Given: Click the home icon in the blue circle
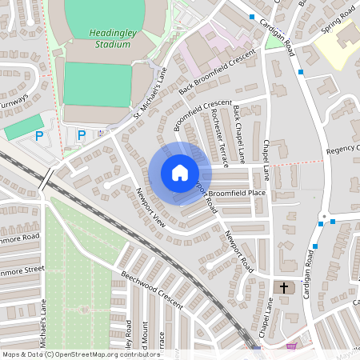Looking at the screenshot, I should [x=180, y=173].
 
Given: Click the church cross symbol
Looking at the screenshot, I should [x=284, y=286].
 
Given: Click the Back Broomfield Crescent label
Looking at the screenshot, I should [x=216, y=73].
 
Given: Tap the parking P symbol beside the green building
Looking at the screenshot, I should [x=38, y=137].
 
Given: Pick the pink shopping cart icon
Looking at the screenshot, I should [x=290, y=346].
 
